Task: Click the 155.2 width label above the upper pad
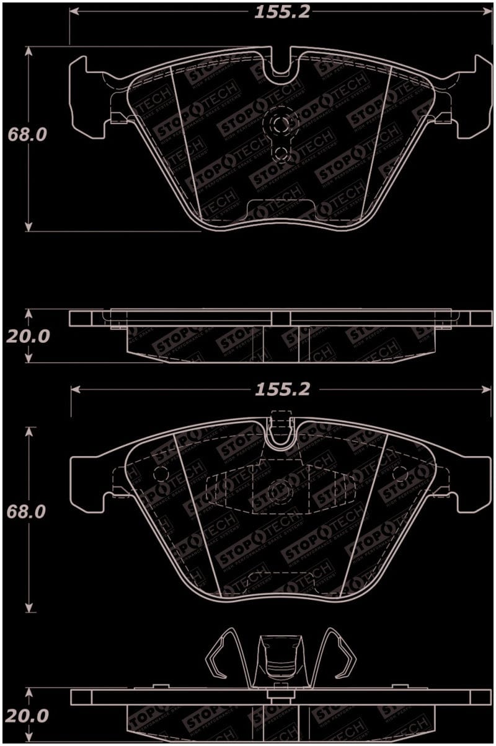click(281, 12)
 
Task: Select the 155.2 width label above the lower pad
click(281, 390)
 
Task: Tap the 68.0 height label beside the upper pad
click(27, 134)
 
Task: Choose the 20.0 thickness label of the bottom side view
click(27, 716)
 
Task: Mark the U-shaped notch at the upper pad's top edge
click(281, 66)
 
